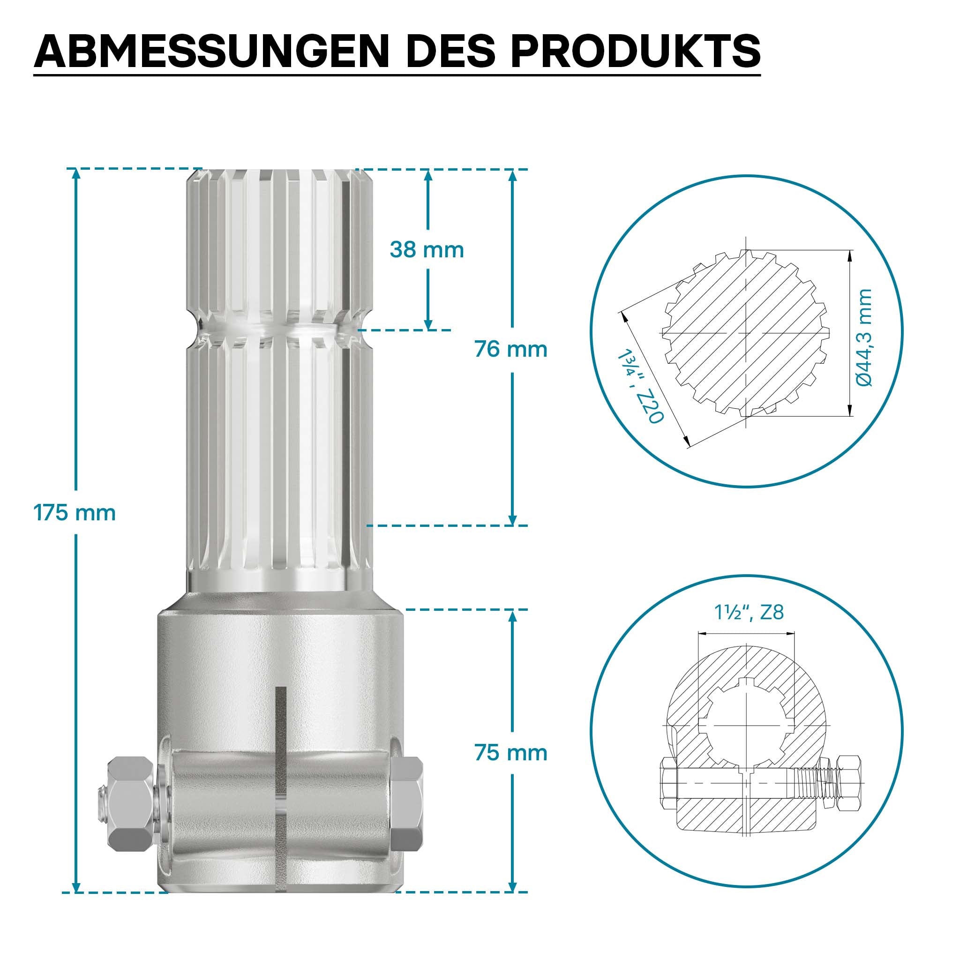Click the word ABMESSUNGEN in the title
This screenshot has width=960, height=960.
tap(211, 52)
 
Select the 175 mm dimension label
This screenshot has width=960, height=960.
tap(75, 513)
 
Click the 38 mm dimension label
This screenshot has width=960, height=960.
tap(427, 249)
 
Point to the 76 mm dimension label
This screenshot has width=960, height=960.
tap(511, 349)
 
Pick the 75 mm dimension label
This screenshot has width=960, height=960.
tap(511, 753)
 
